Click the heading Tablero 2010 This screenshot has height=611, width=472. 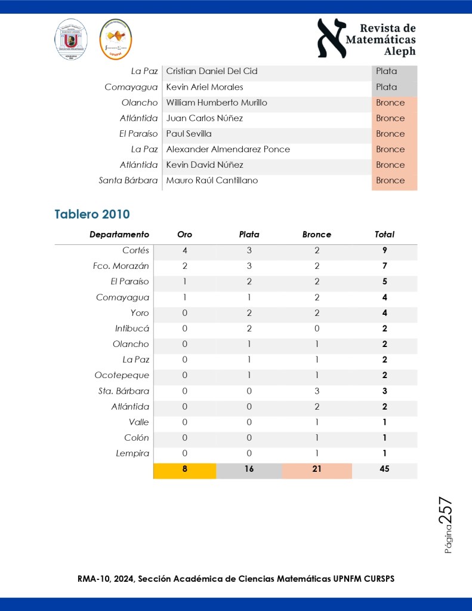pos(92,214)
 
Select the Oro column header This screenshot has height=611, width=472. pos(185,235)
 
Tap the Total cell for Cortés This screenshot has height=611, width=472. pos(384,250)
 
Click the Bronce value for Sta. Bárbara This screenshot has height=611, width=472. pos(316,391)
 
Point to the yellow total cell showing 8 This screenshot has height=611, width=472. pos(185,469)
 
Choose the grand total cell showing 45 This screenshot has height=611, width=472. pos(384,469)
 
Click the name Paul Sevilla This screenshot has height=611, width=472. pos(189,134)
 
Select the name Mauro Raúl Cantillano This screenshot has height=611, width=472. pos(212,180)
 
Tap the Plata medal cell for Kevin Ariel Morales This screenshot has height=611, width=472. pos(387,87)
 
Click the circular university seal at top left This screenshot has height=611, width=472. pos(72,39)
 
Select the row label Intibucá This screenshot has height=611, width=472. pos(132,328)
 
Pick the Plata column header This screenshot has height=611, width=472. pos(249,235)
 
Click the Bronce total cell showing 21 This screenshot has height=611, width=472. pos(316,469)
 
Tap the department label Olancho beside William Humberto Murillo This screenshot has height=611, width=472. pos(139,103)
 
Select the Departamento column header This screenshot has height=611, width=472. pos(119,235)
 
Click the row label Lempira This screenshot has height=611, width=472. pos(132,453)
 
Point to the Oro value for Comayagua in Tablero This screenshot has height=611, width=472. pos(185,297)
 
